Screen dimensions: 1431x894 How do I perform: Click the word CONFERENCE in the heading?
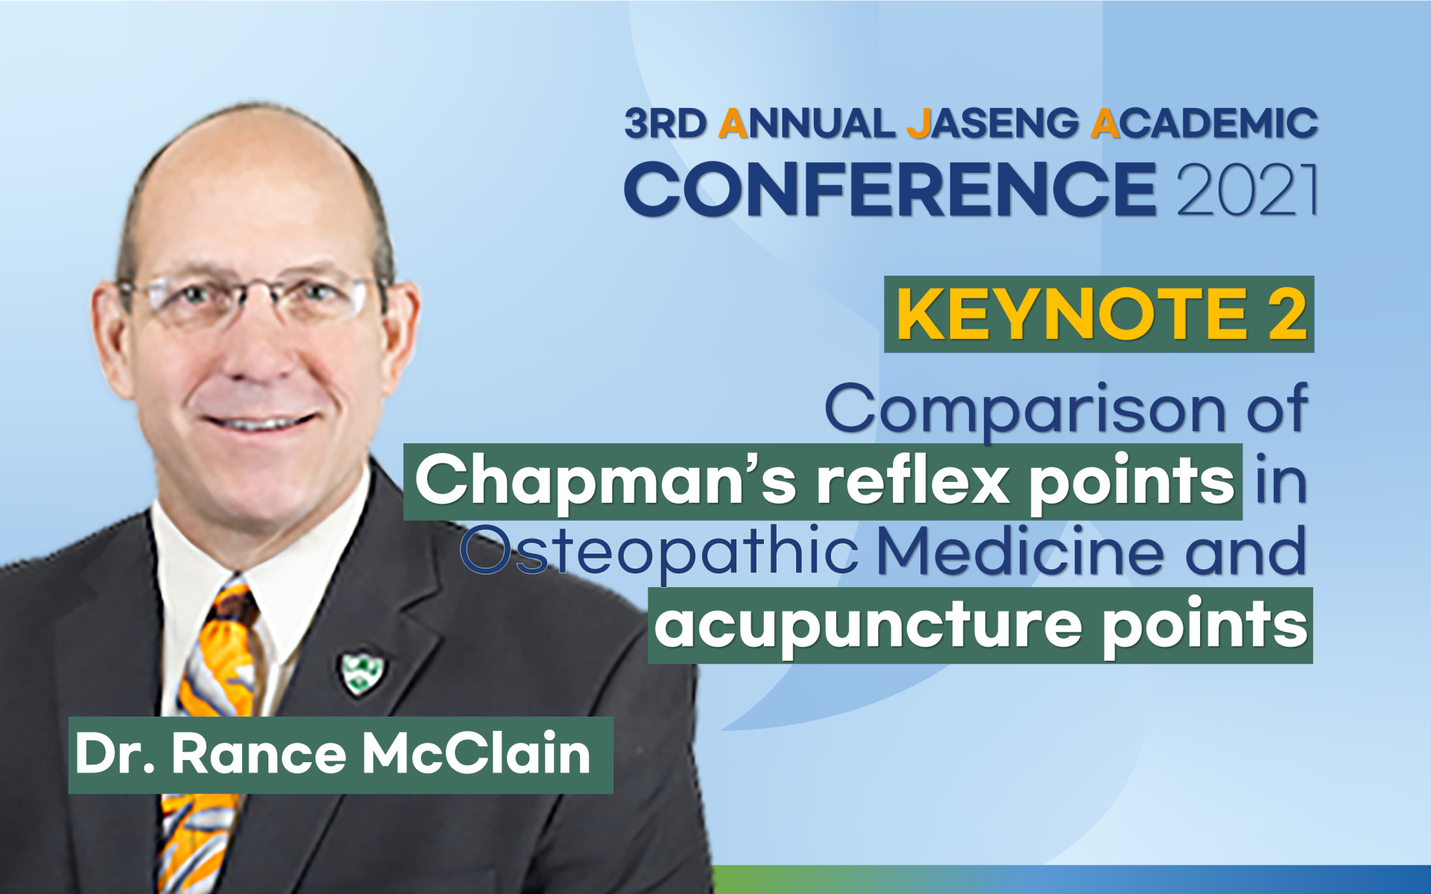pos(891,189)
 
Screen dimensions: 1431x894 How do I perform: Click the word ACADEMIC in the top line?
pos(1204,124)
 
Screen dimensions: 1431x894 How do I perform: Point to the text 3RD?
pos(666,124)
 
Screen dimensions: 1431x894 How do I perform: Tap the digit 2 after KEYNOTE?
pos(1287,314)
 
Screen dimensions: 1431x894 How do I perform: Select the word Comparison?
pos(1026,410)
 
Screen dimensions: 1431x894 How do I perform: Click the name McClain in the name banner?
pos(476,754)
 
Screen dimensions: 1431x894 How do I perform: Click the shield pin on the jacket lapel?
pos(361,673)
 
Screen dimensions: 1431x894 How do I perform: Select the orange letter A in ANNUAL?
pos(733,124)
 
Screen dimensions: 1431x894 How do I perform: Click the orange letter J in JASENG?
pos(919,124)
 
